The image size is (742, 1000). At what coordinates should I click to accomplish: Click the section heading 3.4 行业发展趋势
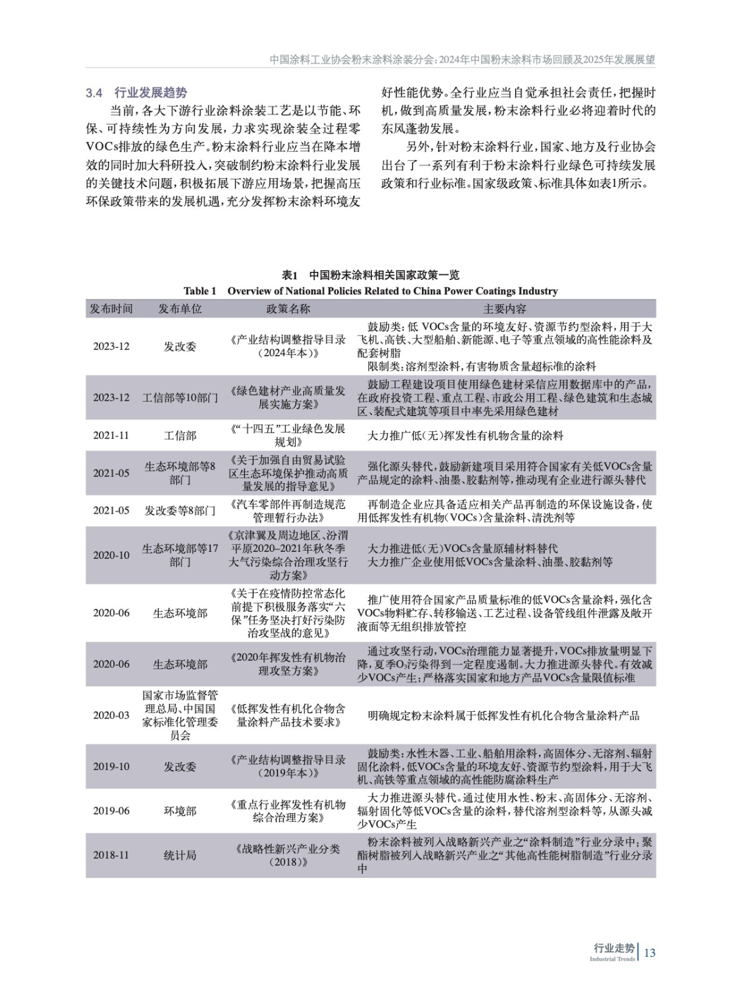(136, 93)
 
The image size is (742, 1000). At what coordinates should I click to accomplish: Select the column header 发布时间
(111, 309)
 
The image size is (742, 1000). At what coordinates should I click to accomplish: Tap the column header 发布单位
(180, 309)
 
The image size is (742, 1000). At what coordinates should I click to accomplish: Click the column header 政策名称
(288, 309)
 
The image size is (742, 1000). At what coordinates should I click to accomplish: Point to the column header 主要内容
(504, 309)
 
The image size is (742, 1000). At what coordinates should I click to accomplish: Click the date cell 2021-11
(111, 436)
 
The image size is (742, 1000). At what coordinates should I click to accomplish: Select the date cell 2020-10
(111, 555)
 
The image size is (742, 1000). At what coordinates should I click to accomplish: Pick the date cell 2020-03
(111, 715)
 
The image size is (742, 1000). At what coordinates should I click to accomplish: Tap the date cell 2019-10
(111, 766)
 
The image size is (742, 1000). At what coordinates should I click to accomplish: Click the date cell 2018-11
(111, 855)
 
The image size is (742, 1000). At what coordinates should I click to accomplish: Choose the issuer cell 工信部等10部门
(180, 397)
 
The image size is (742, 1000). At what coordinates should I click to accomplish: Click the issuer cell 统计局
(180, 855)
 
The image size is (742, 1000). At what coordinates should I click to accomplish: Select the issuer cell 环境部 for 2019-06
(180, 811)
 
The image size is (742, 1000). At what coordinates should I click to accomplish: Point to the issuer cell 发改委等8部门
(180, 511)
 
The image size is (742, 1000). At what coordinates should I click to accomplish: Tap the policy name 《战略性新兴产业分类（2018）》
(288, 855)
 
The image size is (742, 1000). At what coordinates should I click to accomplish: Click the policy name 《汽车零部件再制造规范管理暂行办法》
(288, 511)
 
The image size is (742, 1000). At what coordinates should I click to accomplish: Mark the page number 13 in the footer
(649, 952)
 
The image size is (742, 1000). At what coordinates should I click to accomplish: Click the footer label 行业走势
(613, 947)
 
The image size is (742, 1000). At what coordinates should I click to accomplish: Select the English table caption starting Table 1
(371, 291)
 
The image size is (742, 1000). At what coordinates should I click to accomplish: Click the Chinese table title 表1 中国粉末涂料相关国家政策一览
(371, 276)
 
